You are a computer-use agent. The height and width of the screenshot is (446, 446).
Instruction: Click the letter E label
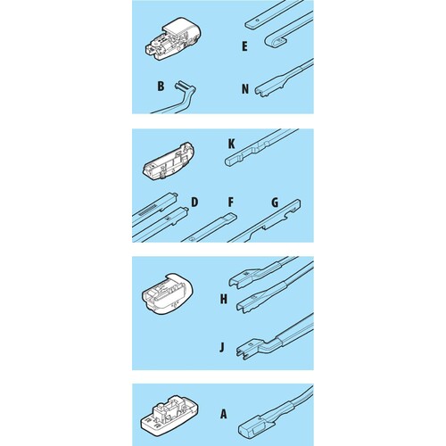click(244, 46)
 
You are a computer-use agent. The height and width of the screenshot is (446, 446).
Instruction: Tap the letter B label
click(161, 86)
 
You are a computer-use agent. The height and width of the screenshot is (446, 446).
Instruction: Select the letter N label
click(245, 89)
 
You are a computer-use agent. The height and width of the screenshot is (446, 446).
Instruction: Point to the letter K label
click(231, 144)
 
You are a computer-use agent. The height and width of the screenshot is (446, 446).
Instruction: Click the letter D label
click(194, 202)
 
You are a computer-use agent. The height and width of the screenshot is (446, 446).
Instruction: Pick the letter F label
click(231, 202)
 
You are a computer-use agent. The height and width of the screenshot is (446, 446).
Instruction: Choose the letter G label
click(275, 202)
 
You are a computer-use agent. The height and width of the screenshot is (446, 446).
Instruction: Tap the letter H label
click(224, 299)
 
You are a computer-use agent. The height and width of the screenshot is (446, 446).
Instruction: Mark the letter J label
click(222, 347)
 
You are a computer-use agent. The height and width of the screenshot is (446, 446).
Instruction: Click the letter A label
click(224, 414)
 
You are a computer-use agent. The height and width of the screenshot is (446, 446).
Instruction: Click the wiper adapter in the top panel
click(173, 39)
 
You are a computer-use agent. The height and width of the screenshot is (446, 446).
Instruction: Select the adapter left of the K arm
click(169, 161)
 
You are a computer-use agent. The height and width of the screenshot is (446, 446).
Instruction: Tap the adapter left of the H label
click(168, 293)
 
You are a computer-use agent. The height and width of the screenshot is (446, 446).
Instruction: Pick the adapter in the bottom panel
click(169, 414)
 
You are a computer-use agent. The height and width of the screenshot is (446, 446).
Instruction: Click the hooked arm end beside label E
click(275, 41)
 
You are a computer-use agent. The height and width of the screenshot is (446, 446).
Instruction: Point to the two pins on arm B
click(181, 87)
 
